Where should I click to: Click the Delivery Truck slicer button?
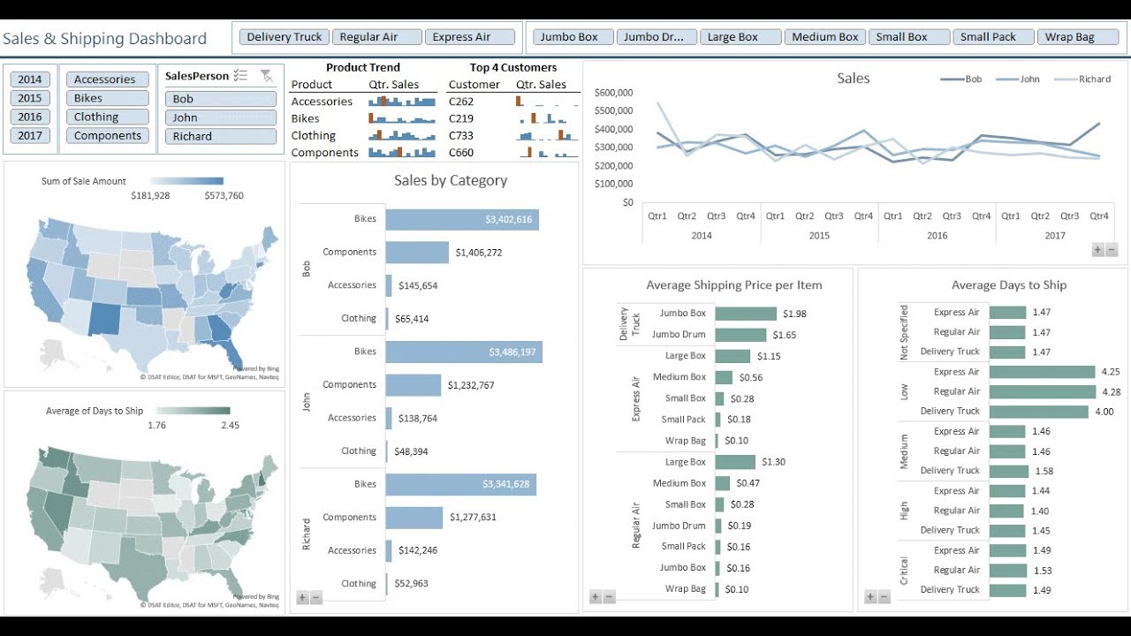[x=285, y=37]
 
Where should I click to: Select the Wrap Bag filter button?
[x=1069, y=37]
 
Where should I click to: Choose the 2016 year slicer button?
[x=29, y=117]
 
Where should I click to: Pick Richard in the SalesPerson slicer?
[x=220, y=136]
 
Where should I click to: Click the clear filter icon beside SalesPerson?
[x=266, y=76]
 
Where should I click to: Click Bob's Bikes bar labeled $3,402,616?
[x=461, y=219]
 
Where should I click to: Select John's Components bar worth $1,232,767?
[x=413, y=385]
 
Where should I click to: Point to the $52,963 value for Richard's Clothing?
[x=411, y=584]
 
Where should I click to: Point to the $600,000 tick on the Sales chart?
[x=613, y=92]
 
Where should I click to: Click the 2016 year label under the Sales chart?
[x=937, y=236]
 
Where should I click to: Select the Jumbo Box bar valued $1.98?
[x=745, y=314]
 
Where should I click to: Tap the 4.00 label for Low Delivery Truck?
[x=1104, y=412]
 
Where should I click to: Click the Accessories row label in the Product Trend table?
[x=322, y=102]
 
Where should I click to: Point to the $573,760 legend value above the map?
[x=224, y=196]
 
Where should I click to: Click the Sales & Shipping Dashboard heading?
[x=104, y=39]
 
